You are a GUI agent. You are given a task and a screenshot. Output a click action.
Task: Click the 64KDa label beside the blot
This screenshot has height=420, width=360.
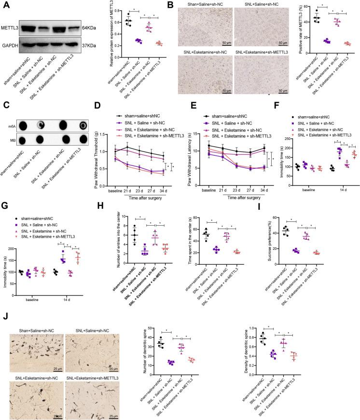tap(90, 27)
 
